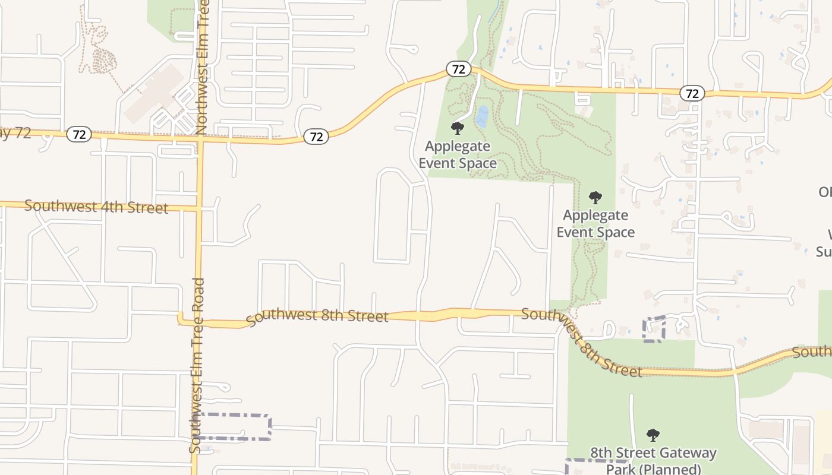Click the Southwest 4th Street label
pos(96,207)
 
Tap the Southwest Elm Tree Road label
pos(197,365)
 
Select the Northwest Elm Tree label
pos(202,65)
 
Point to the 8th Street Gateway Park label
pos(653,461)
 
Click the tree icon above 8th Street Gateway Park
pos(653,435)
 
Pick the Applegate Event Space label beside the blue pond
pos(458,154)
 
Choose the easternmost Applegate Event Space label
pos(595,223)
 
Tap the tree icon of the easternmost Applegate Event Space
pos(595,198)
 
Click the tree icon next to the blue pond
pos(457,128)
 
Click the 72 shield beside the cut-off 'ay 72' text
pos(78,134)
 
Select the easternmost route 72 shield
pos(692,93)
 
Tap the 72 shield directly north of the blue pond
pos(458,69)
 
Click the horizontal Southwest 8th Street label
pos(317,315)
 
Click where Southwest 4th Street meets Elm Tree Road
pos(199,208)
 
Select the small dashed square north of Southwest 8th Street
pos(654,329)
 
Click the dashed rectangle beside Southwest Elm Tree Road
pos(234,427)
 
